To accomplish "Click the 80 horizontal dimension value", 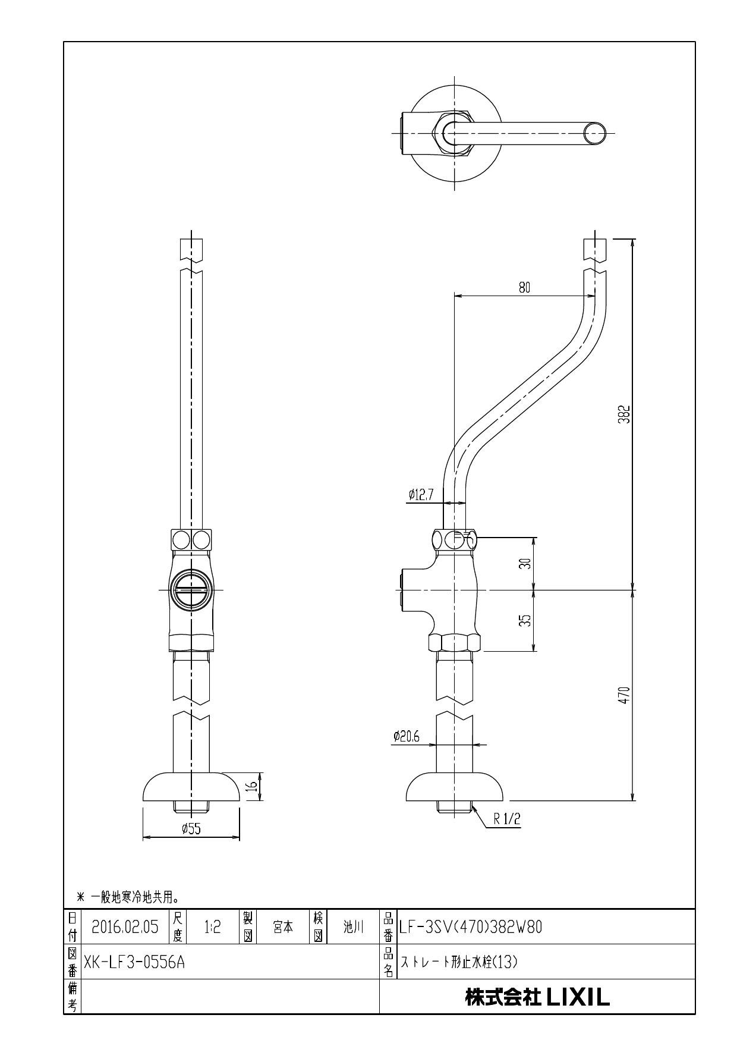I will point(524,288).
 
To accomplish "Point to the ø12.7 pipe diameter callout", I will point(421,494).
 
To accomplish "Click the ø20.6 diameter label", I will point(406,736).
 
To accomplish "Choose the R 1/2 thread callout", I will point(507,820).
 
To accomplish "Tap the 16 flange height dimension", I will point(252,786).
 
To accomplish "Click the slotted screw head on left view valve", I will point(191,590).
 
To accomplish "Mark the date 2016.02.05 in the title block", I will point(125,927).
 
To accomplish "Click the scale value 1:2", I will point(212,927).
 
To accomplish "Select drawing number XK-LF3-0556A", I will point(134,962).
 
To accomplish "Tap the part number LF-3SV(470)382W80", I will point(471,927).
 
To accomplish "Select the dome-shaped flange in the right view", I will point(454,787).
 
